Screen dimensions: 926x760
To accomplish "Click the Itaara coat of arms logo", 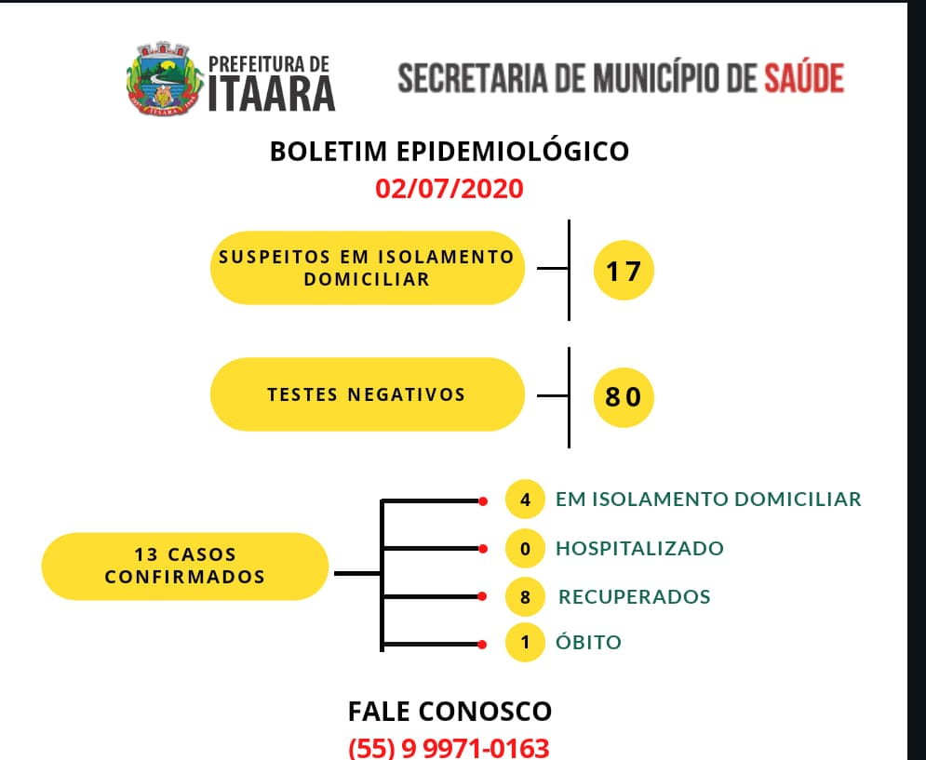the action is pos(165,78).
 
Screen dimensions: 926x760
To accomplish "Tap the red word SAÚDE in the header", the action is pos(804,78).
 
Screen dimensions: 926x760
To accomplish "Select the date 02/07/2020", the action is pos(450,189).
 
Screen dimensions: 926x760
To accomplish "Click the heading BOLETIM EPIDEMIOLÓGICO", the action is pos(450,152).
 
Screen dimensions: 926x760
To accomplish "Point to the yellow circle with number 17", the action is pos(624,271).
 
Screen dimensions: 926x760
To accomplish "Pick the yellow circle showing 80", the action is pos(624,397).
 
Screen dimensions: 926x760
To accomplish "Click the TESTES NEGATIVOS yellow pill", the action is pos(368,393).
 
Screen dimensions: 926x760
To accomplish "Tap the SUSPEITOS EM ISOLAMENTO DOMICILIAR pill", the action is pos(368,268).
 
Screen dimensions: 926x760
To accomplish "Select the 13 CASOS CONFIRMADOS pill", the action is pos(185,567).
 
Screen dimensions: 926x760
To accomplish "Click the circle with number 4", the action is pos(525,500).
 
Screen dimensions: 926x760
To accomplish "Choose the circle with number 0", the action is pos(525,549).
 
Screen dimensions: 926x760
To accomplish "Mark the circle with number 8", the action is pos(525,597).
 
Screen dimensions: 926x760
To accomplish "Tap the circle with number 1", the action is pos(525,643).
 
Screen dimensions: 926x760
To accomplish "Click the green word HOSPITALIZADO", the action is pos(639,549).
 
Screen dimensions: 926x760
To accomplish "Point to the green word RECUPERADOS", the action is pos(635,597).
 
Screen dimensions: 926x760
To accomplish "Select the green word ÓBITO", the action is pos(588,641).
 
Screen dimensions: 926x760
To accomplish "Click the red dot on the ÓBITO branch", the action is pos(482,645).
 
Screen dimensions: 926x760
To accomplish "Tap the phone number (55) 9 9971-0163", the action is pos(449,748).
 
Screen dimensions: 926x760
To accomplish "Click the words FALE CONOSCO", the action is pos(450,712).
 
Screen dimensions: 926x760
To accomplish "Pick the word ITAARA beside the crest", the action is pos(272,94).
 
